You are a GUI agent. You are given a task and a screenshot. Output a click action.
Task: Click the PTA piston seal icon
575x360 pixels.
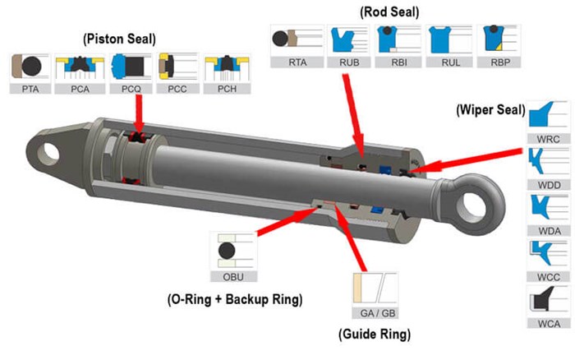click(x=31, y=66)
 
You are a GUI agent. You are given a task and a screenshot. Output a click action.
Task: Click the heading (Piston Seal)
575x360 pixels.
click(x=119, y=38)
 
